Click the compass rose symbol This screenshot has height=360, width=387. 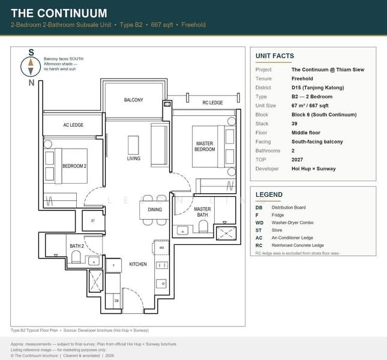pyautogui.click(x=31, y=66)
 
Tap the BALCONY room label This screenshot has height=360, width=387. pyautogui.click(x=133, y=100)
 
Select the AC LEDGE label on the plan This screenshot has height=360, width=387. pyautogui.click(x=73, y=125)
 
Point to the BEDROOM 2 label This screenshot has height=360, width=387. pyautogui.click(x=75, y=165)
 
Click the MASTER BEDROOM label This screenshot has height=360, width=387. pyautogui.click(x=205, y=146)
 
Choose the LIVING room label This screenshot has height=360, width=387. pyautogui.click(x=133, y=158)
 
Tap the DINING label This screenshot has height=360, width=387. pyautogui.click(x=155, y=209)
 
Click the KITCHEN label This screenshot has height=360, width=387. pyautogui.click(x=138, y=264)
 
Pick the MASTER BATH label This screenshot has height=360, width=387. pyautogui.click(x=202, y=212)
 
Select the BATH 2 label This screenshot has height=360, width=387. pyautogui.click(x=76, y=246)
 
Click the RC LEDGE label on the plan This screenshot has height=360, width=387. pyautogui.click(x=212, y=103)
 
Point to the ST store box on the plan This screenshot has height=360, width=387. pyautogui.click(x=93, y=221)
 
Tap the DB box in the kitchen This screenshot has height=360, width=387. pyautogui.click(x=116, y=300)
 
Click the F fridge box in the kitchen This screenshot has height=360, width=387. pyautogui.click(x=114, y=265)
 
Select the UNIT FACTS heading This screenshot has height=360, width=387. pyautogui.click(x=274, y=56)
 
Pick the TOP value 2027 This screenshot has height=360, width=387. pyautogui.click(x=298, y=160)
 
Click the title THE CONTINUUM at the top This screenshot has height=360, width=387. pyautogui.click(x=59, y=13)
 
